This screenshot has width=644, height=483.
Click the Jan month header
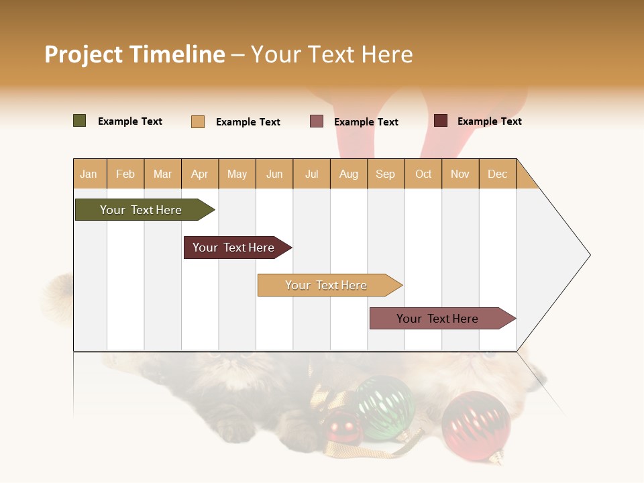tap(89, 174)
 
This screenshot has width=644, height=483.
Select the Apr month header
tap(199, 174)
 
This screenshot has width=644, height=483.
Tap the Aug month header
tap(348, 174)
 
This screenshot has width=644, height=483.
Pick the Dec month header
tap(497, 174)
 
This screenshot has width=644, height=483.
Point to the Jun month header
tap(274, 174)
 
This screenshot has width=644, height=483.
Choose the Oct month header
tap(423, 174)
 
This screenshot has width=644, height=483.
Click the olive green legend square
tap(79, 121)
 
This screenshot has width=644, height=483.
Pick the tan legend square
tap(197, 121)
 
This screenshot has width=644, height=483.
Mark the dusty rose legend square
tap(317, 121)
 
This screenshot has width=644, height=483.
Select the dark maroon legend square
tap(440, 121)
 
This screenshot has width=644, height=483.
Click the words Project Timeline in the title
tap(134, 54)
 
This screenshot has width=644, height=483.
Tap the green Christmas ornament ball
tap(384, 407)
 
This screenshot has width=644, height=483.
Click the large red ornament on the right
tap(476, 425)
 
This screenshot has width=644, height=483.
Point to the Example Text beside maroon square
tap(489, 121)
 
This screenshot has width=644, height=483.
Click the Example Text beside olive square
tap(129, 121)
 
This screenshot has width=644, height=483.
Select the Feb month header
tap(125, 174)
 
